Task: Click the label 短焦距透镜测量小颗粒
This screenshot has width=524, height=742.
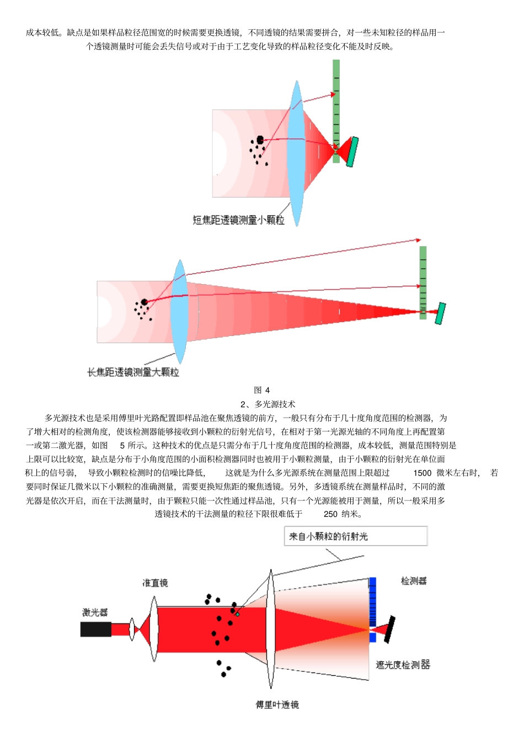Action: [x=238, y=220]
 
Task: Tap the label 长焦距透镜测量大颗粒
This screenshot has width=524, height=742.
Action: [x=133, y=372]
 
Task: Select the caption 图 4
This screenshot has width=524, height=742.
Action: [x=261, y=390]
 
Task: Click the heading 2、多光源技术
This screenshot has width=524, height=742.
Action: [x=268, y=404]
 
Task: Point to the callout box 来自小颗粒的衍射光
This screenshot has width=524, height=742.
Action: [x=355, y=536]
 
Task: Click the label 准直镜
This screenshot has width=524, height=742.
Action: [x=155, y=583]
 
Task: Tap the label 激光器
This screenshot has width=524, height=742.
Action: [x=95, y=612]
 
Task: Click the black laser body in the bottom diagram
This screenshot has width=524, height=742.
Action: [x=95, y=629]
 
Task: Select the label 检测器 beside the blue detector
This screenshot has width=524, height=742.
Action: [x=414, y=581]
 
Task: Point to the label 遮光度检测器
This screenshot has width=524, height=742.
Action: [x=403, y=665]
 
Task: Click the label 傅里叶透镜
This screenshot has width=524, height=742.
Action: [x=277, y=704]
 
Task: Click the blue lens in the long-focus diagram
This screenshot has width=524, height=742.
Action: [x=179, y=312]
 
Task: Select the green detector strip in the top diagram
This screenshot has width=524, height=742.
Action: [x=336, y=110]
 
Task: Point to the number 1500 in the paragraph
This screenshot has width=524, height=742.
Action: [x=422, y=473]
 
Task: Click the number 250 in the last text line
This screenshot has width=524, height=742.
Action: [x=330, y=514]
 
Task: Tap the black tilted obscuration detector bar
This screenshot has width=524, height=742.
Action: [x=389, y=629]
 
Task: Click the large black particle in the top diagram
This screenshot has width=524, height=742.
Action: [x=260, y=140]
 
